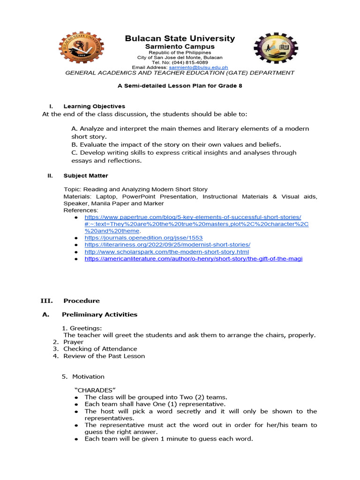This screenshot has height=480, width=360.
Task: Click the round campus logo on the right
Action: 275,48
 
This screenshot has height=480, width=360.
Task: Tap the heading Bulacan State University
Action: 180,38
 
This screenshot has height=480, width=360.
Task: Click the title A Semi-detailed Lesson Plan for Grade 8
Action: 180,86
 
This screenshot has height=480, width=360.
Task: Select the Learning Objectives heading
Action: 94,106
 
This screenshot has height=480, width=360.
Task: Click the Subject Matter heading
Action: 86,176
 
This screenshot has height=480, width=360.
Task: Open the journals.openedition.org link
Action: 143,238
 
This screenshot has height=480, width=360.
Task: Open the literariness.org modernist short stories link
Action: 167,245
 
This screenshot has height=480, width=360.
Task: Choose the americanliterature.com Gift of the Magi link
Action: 193,259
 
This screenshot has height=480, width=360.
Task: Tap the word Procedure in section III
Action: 82,300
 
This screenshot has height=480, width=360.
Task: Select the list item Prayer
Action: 74,342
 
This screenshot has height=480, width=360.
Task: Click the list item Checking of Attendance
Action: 100,349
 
